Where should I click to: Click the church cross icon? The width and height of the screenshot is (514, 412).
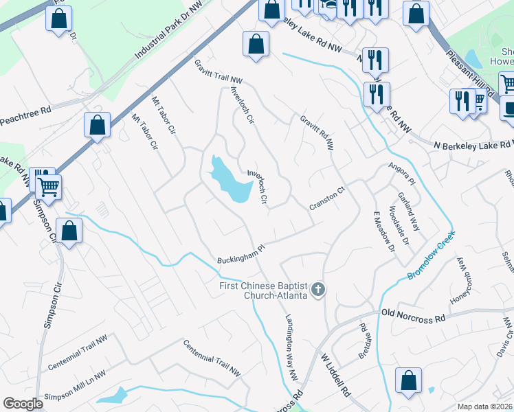(317, 290)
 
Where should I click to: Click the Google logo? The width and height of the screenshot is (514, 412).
(23, 404)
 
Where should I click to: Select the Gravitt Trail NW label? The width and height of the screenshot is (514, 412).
(219, 72)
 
